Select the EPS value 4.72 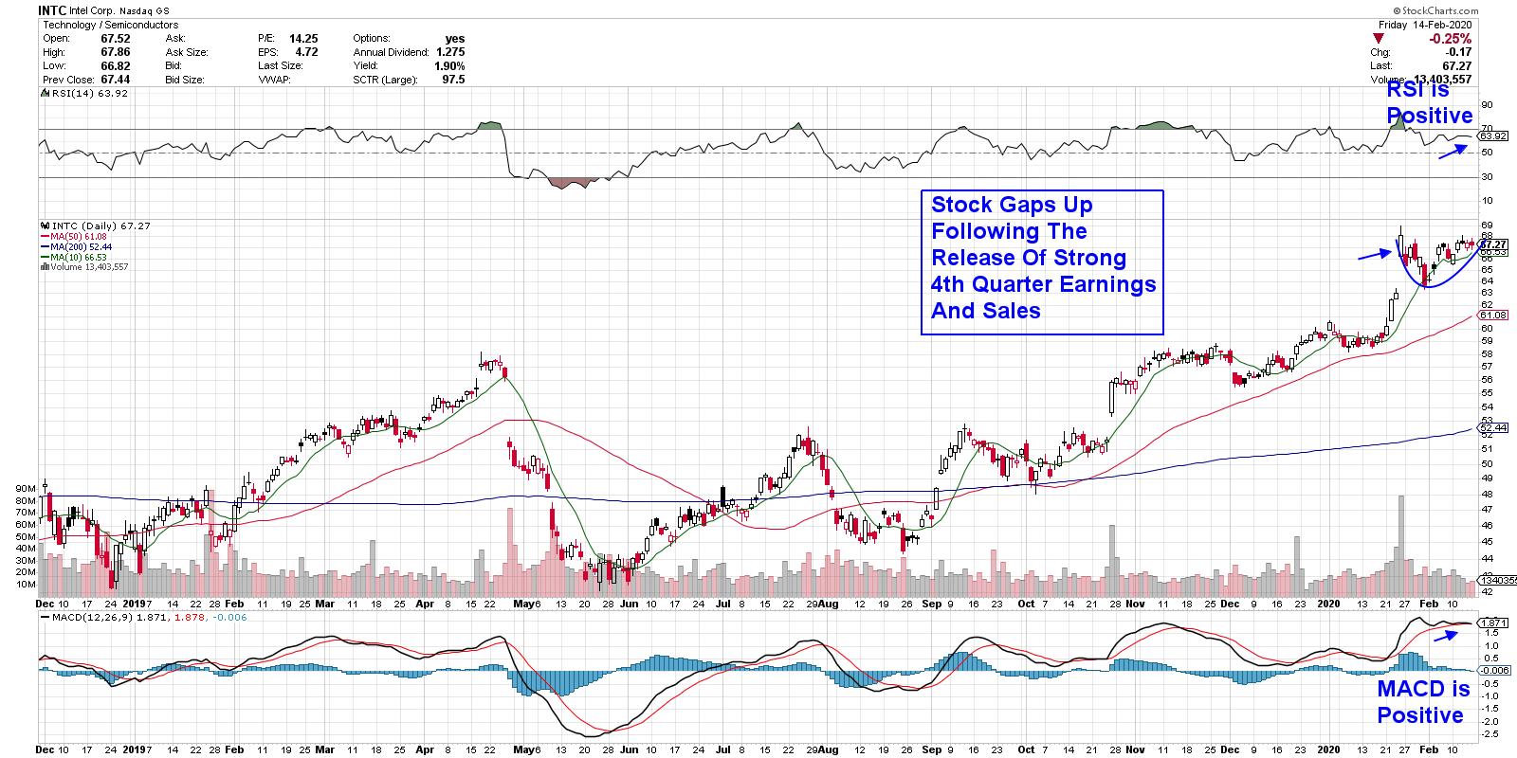point(305,52)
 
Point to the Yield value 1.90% point(449,66)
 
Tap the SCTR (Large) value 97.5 point(452,80)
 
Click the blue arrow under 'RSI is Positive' point(1453,152)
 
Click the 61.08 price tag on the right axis point(1492,315)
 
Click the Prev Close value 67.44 point(115,80)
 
